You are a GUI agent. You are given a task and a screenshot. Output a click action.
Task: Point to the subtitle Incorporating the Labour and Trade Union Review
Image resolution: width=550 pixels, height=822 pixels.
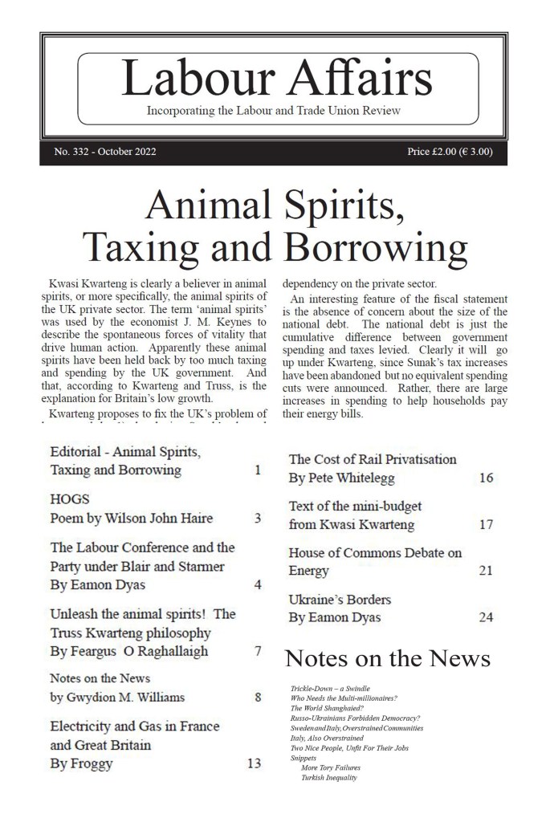click(x=274, y=110)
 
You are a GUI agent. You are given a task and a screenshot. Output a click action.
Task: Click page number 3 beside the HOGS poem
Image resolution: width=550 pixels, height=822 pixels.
click(x=258, y=519)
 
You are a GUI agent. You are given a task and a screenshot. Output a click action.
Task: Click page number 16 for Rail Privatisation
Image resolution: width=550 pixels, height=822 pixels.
click(x=485, y=478)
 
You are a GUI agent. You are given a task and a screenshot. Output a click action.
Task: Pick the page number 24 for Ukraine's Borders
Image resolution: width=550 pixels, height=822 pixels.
click(x=485, y=617)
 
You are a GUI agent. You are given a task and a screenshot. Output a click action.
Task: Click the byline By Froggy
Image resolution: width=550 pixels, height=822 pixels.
click(x=81, y=763)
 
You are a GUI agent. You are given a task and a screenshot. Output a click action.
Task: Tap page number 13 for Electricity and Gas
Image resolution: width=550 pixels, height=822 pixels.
click(x=254, y=763)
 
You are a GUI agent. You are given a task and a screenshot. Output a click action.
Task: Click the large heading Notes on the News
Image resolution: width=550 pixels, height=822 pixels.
click(x=388, y=658)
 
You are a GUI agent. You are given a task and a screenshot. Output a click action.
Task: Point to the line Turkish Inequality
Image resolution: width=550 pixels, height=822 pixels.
click(x=329, y=778)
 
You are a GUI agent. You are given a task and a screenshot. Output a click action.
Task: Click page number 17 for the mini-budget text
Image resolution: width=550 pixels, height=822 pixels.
click(x=485, y=525)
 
